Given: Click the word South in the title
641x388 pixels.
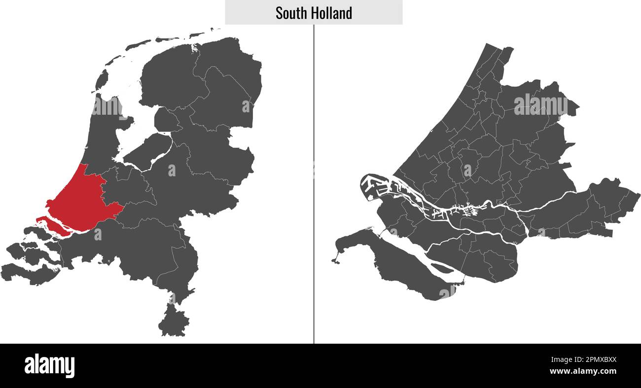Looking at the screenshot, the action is [x=288, y=13].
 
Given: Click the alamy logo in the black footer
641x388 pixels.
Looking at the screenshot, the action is [x=50, y=365].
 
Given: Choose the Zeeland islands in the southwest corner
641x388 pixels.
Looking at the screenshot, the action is [x=30, y=256].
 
